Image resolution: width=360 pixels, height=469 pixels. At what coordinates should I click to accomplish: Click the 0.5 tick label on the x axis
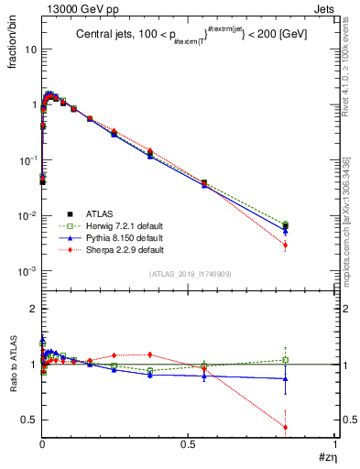click(x=189, y=447)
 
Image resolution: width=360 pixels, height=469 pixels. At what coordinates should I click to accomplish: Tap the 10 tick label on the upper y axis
click(x=30, y=49)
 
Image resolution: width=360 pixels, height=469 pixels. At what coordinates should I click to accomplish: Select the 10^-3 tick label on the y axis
click(x=28, y=272)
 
